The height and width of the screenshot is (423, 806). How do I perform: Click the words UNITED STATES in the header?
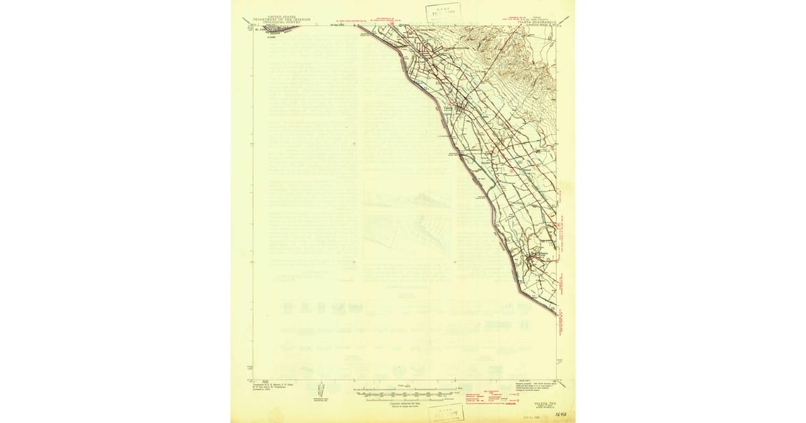pyautogui.click(x=281, y=16)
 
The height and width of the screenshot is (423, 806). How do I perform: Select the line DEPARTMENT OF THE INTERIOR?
pyautogui.click(x=281, y=19)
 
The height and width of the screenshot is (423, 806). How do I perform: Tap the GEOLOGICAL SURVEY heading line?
pyautogui.click(x=281, y=23)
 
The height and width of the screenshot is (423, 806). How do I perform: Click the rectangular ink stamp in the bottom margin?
pyautogui.click(x=447, y=413)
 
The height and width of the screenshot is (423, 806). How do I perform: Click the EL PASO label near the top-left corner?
pyautogui.click(x=262, y=29)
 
